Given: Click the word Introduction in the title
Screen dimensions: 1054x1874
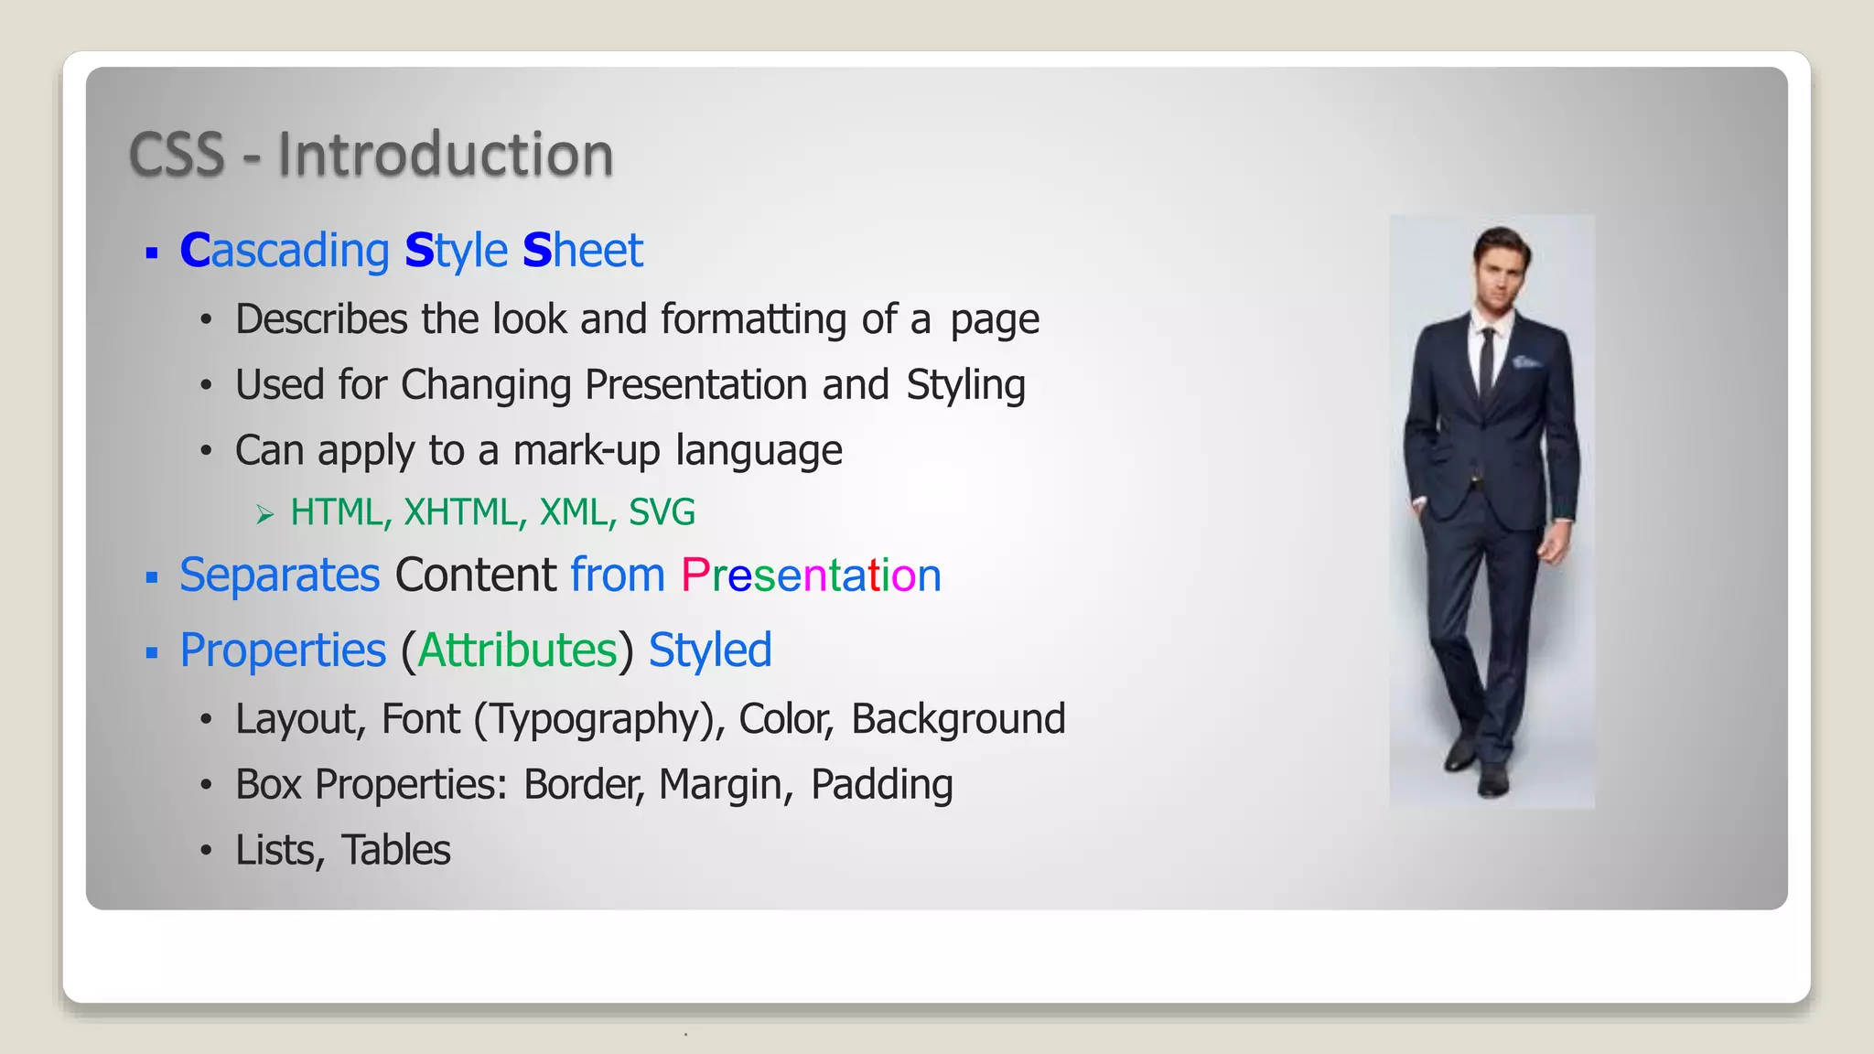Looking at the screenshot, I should tap(445, 154).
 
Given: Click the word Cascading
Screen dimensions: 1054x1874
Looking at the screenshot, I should tap(285, 251).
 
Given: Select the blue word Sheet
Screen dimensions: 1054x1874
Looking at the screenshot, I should tap(583, 251).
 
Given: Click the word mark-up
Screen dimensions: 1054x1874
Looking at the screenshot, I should tap(586, 451).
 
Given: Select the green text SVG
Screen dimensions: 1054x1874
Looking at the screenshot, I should tap(662, 512).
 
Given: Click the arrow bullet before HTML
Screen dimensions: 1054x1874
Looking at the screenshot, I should tap(265, 515).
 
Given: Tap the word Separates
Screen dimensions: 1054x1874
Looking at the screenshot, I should tap(279, 575).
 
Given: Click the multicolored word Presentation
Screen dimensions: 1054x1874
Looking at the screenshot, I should tap(811, 575).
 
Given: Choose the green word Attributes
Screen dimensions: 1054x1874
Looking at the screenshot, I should tap(517, 651).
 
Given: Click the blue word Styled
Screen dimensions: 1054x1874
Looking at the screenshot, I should tap(710, 651).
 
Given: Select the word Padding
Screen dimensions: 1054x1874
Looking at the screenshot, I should tap(881, 785).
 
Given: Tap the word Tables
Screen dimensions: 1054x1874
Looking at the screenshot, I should tap(395, 850).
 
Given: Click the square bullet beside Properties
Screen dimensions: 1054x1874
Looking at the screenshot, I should tap(152, 653).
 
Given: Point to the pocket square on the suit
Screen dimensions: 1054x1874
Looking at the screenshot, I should tap(1525, 362).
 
